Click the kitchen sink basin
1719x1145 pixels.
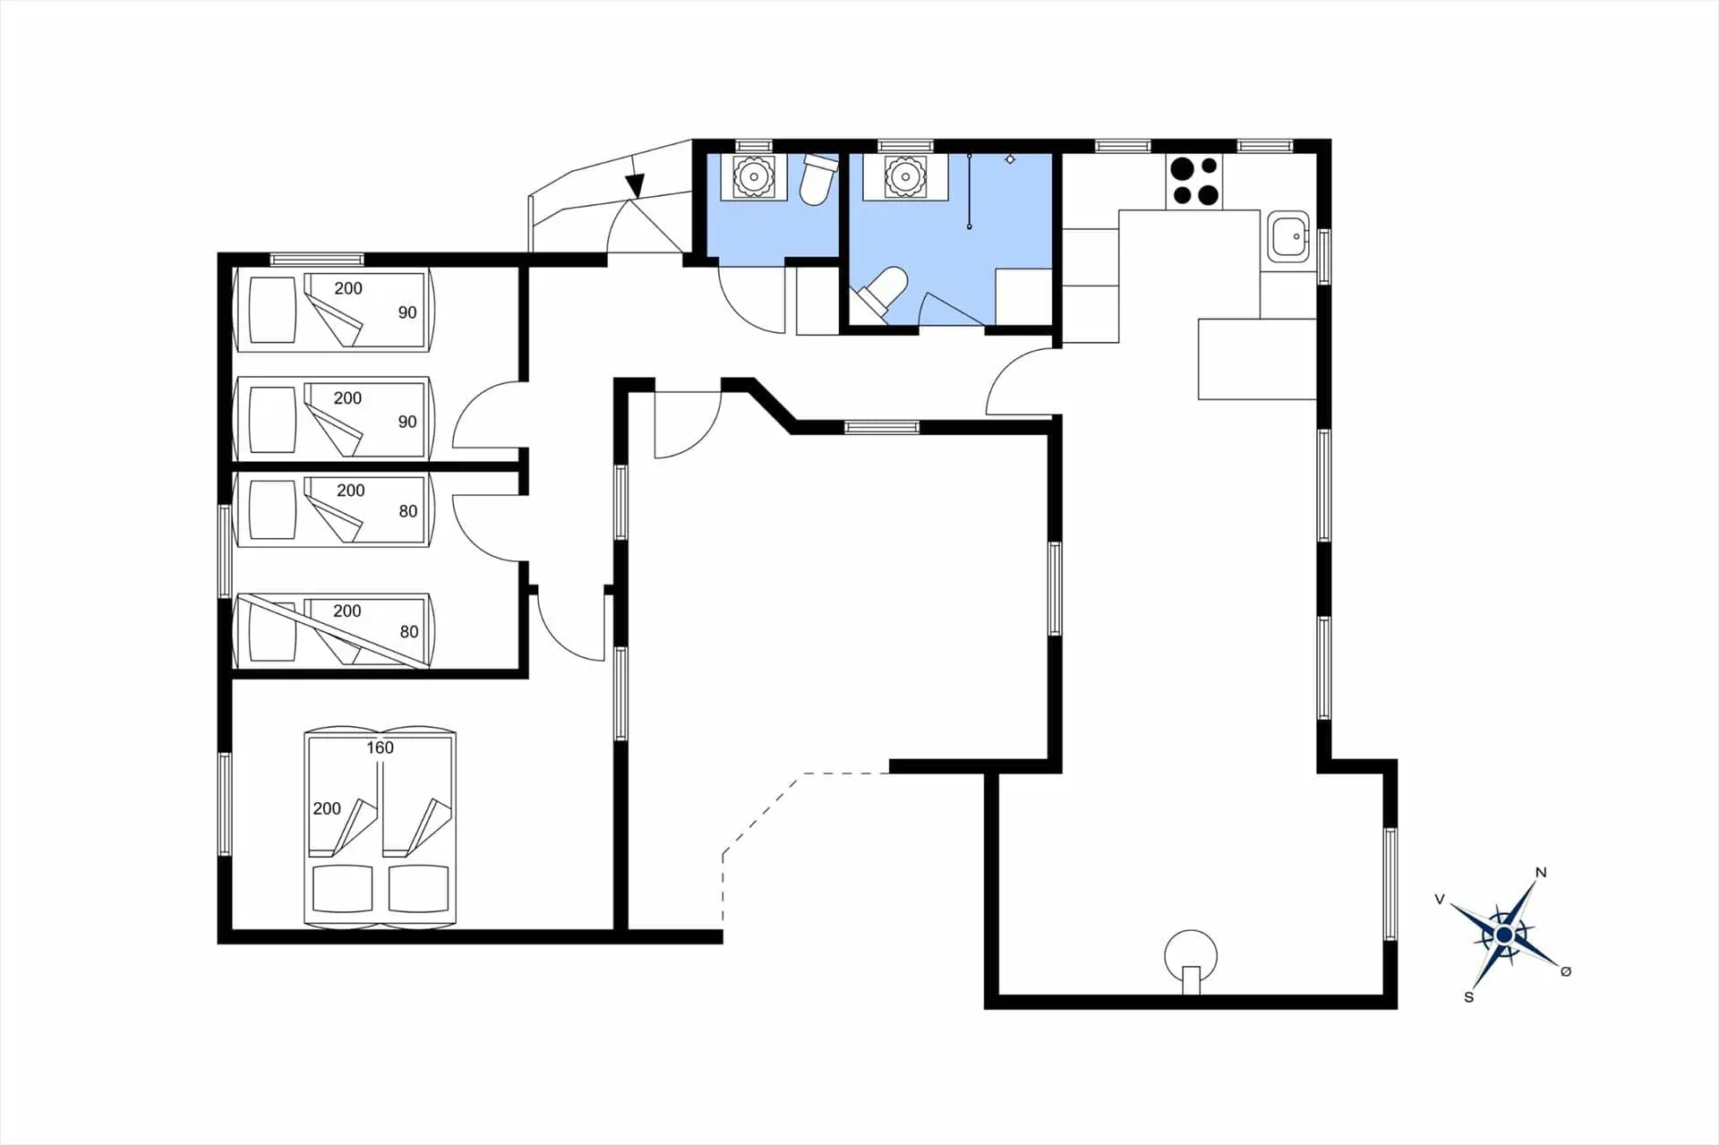tap(1287, 236)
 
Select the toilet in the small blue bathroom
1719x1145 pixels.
tap(817, 180)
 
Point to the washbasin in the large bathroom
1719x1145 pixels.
tap(904, 176)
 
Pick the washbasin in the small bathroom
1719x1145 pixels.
tap(754, 176)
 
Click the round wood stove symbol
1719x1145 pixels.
tap(1191, 959)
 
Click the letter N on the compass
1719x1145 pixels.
tap(1541, 873)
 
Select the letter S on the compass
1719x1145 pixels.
tap(1468, 997)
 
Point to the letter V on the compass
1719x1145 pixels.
tap(1440, 899)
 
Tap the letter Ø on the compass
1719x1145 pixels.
tap(1566, 971)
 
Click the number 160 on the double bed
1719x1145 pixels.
tap(380, 748)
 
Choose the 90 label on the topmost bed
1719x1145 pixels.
tap(407, 312)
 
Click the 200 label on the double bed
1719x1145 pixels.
tap(327, 808)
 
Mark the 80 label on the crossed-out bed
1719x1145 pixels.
tap(409, 631)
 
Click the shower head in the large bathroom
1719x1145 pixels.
tap(1010, 159)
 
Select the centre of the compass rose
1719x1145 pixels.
tap(1504, 935)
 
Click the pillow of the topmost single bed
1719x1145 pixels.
tap(272, 310)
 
